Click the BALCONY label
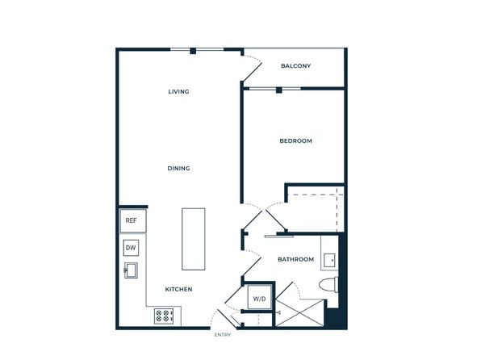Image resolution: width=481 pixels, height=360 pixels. [295, 65]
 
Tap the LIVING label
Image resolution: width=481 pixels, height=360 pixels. [178, 91]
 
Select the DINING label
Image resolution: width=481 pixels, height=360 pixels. [178, 168]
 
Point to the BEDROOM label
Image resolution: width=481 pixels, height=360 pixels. [295, 141]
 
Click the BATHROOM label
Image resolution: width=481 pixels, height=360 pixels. [295, 259]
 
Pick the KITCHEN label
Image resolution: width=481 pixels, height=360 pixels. [178, 289]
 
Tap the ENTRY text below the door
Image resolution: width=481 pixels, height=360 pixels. [223, 335]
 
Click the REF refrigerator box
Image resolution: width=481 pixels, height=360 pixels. [132, 220]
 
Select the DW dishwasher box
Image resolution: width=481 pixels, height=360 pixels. [131, 248]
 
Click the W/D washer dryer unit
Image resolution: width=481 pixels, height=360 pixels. [260, 297]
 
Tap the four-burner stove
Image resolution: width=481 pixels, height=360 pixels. [164, 316]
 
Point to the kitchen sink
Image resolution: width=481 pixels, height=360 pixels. [131, 270]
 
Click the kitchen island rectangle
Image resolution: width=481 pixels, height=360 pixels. [193, 239]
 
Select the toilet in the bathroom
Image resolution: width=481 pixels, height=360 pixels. [328, 284]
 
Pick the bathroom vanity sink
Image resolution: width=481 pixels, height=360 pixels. [329, 260]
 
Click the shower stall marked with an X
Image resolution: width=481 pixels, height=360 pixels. [299, 313]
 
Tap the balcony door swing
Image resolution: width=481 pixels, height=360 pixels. [252, 70]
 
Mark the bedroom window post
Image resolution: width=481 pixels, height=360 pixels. [279, 90]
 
